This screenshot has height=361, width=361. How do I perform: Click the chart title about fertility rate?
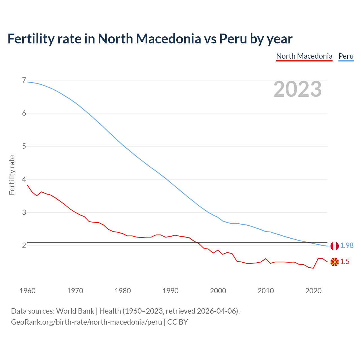tap(150, 39)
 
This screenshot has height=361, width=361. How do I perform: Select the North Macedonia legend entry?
tap(304, 56)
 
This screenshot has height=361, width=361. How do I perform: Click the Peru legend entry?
tap(346, 56)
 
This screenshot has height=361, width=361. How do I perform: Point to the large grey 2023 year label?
tap(297, 89)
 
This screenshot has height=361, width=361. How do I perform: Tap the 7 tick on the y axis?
tap(24, 80)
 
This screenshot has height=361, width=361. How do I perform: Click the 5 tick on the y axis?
tap(24, 146)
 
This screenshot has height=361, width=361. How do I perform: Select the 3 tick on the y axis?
tap(24, 212)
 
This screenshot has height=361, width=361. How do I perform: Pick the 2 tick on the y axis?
tap(24, 245)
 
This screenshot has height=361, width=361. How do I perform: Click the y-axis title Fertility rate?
tap(12, 175)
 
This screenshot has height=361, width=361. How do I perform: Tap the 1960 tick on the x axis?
tap(27, 291)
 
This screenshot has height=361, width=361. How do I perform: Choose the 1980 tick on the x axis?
tap(123, 291)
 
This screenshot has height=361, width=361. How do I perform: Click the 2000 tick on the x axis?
tap(218, 291)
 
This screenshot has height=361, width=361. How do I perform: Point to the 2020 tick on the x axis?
tap(313, 291)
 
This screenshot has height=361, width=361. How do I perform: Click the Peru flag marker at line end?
tap(334, 246)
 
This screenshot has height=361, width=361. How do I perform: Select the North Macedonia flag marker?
tap(334, 262)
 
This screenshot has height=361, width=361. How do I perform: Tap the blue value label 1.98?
tap(347, 246)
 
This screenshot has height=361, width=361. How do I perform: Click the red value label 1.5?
tap(345, 262)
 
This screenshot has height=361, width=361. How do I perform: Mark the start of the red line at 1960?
tap(27, 185)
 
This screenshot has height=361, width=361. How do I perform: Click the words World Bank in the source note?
tap(75, 311)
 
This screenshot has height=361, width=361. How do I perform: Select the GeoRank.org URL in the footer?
tap(86, 322)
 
